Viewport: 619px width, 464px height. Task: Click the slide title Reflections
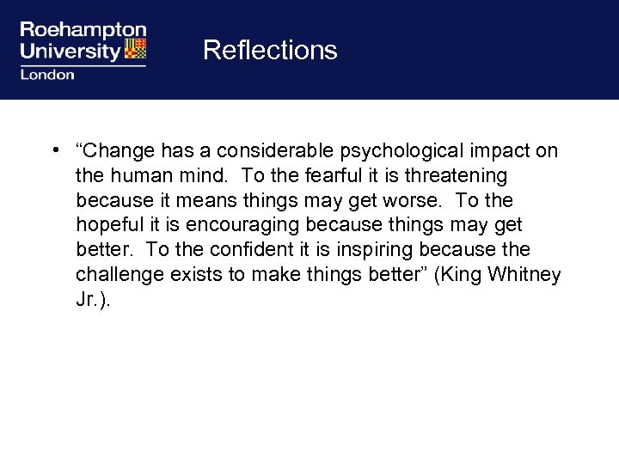pos(270,50)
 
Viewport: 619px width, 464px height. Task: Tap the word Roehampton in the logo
pos(83,31)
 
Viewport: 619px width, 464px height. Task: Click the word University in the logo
pos(70,51)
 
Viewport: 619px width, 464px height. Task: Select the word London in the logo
pos(46,74)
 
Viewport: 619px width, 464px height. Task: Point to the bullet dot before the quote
pos(54,151)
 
